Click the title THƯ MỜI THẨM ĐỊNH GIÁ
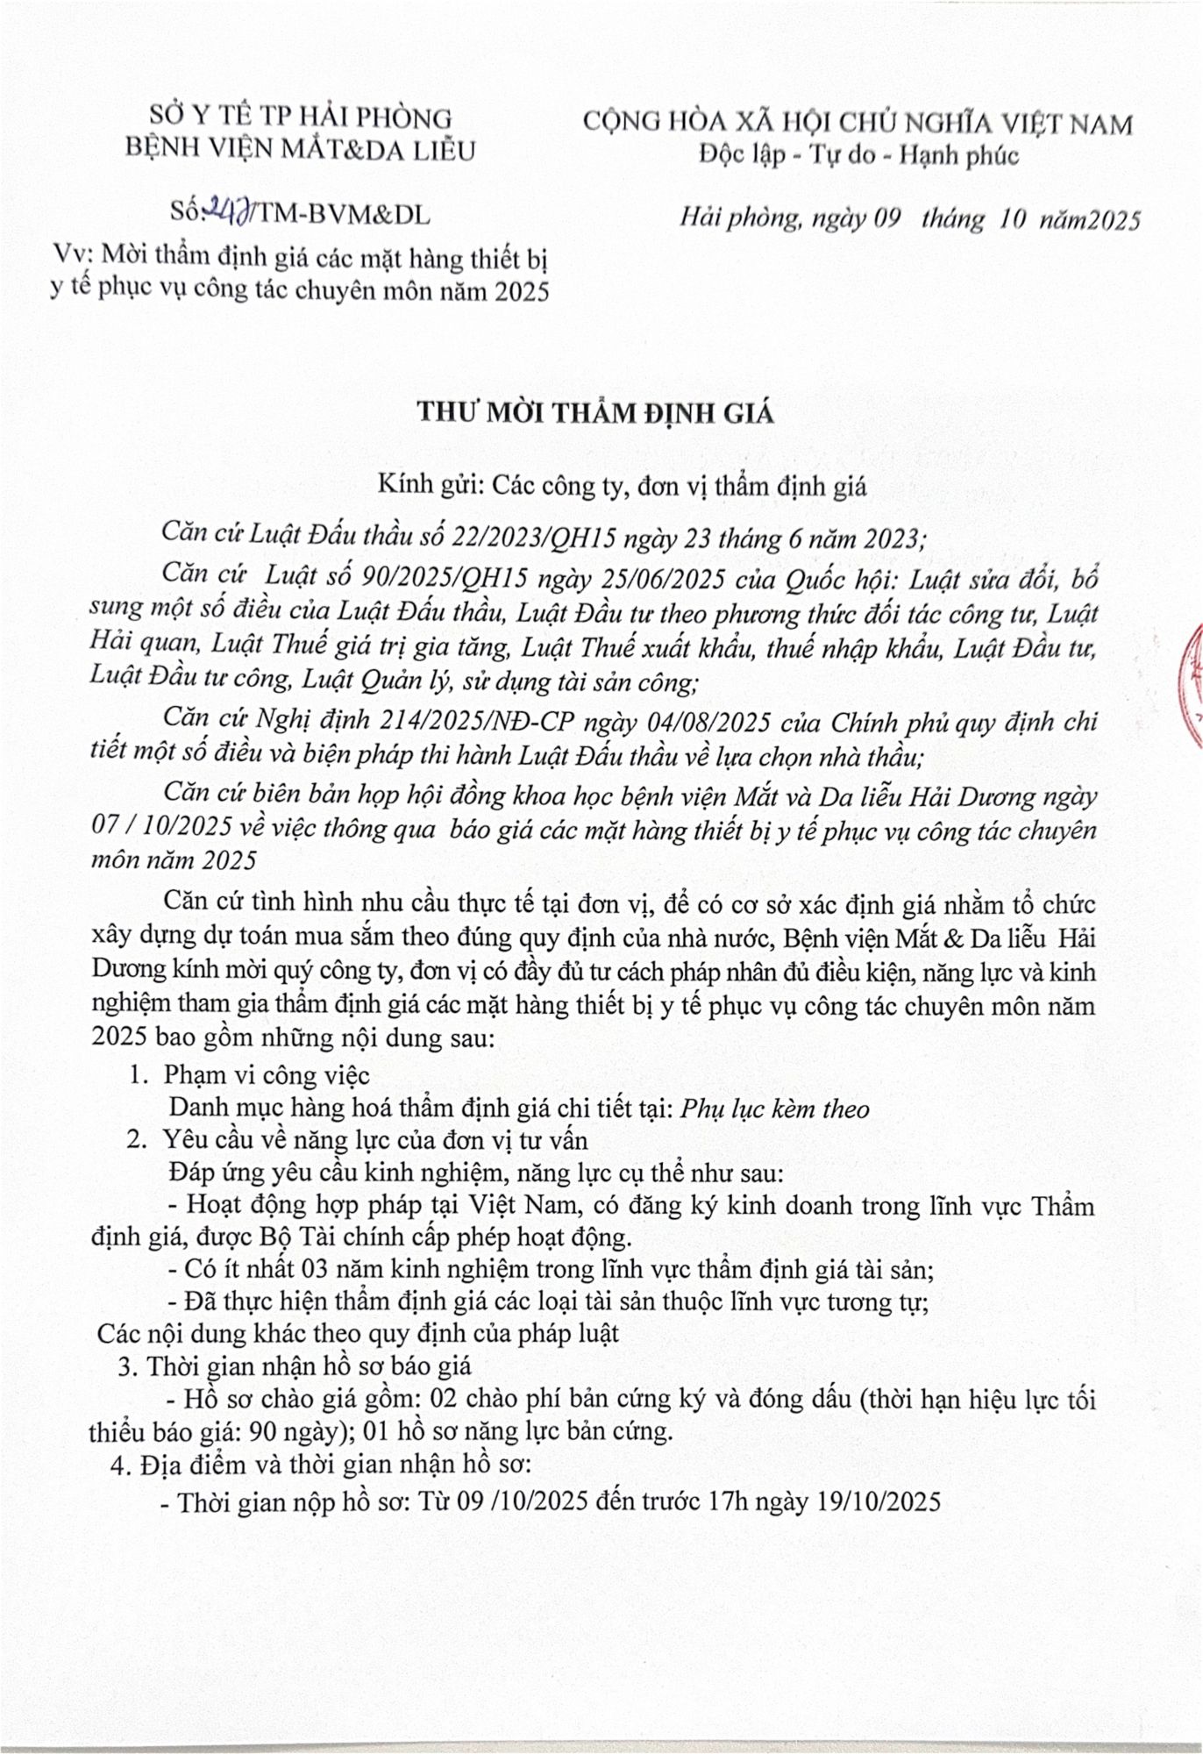(595, 413)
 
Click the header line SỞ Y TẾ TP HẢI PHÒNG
(300, 117)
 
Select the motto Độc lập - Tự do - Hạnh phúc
(858, 155)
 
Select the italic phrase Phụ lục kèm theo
(775, 1109)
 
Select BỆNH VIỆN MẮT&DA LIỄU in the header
(300, 150)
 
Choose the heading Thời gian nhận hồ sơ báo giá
(309, 1365)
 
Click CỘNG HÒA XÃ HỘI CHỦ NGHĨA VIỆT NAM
(858, 123)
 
